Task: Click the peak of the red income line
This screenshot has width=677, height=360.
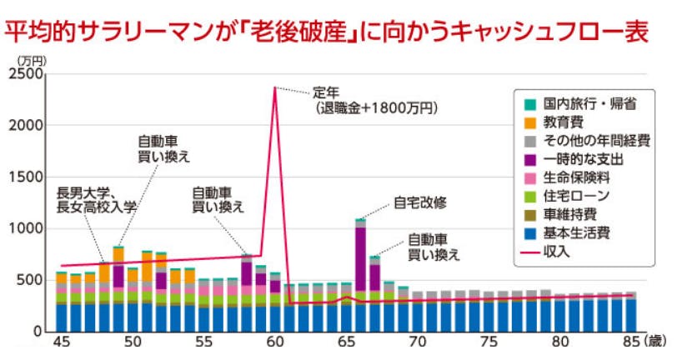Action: (x=274, y=87)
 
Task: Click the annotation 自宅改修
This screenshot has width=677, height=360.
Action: (x=416, y=202)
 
